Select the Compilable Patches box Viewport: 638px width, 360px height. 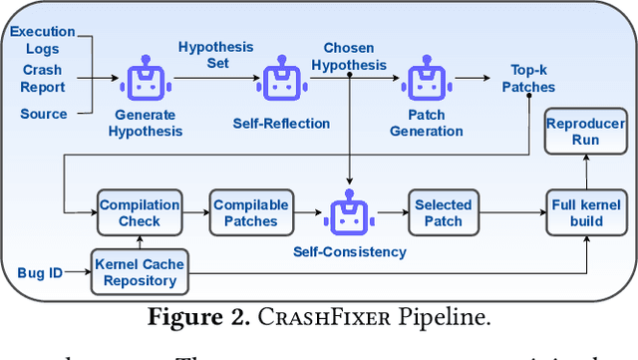(250, 212)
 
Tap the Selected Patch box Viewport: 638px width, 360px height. (443, 212)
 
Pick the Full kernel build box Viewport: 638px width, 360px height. (585, 212)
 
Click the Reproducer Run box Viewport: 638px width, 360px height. (585, 132)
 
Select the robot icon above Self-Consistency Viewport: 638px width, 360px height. (349, 209)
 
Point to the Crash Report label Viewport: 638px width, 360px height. (42, 78)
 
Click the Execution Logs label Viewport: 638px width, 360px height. (42, 40)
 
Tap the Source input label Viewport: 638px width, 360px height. (44, 114)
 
